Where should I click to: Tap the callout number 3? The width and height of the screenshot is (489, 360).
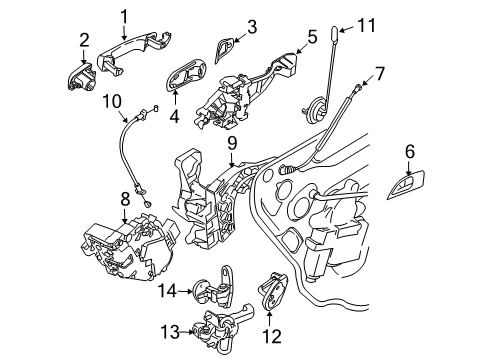point(252,26)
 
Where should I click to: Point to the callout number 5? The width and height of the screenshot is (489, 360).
point(311,37)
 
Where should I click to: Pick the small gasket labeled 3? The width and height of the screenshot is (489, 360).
point(226,48)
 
